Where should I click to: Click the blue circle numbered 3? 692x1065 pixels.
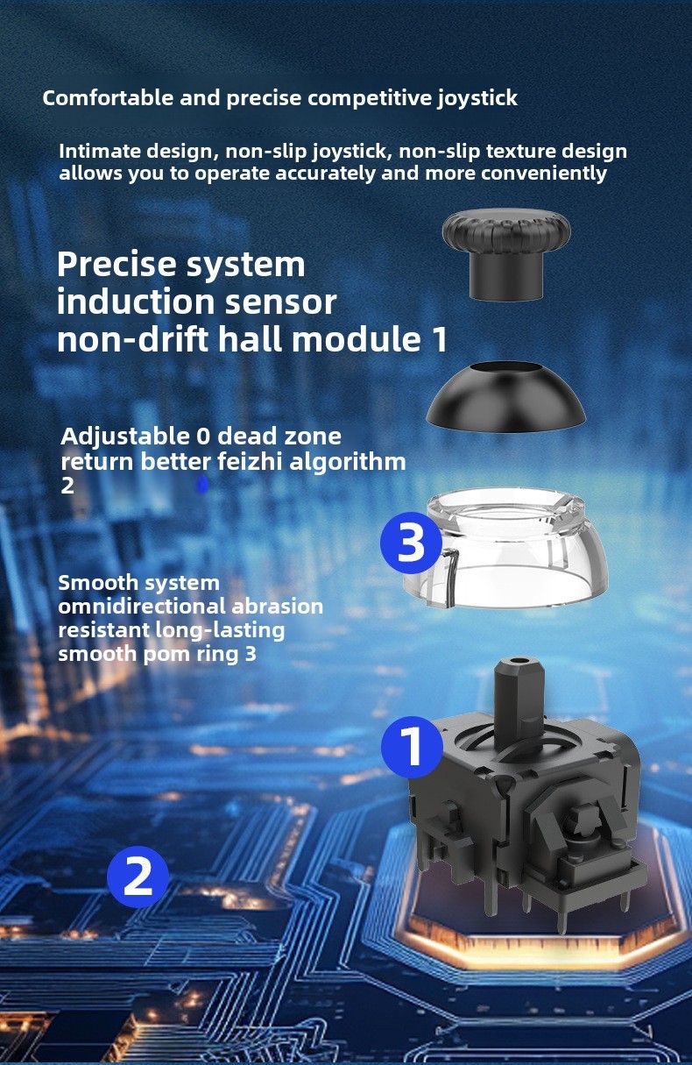(x=411, y=541)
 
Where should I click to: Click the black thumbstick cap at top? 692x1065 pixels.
(x=506, y=255)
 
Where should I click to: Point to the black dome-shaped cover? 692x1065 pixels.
(x=505, y=397)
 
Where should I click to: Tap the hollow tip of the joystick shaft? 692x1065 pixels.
(x=519, y=661)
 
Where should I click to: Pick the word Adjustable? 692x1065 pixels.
(x=125, y=437)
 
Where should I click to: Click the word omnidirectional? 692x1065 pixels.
(x=142, y=606)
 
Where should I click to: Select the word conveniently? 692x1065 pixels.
(x=544, y=174)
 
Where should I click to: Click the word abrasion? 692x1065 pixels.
(x=277, y=606)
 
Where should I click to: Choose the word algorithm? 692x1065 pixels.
(x=348, y=462)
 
